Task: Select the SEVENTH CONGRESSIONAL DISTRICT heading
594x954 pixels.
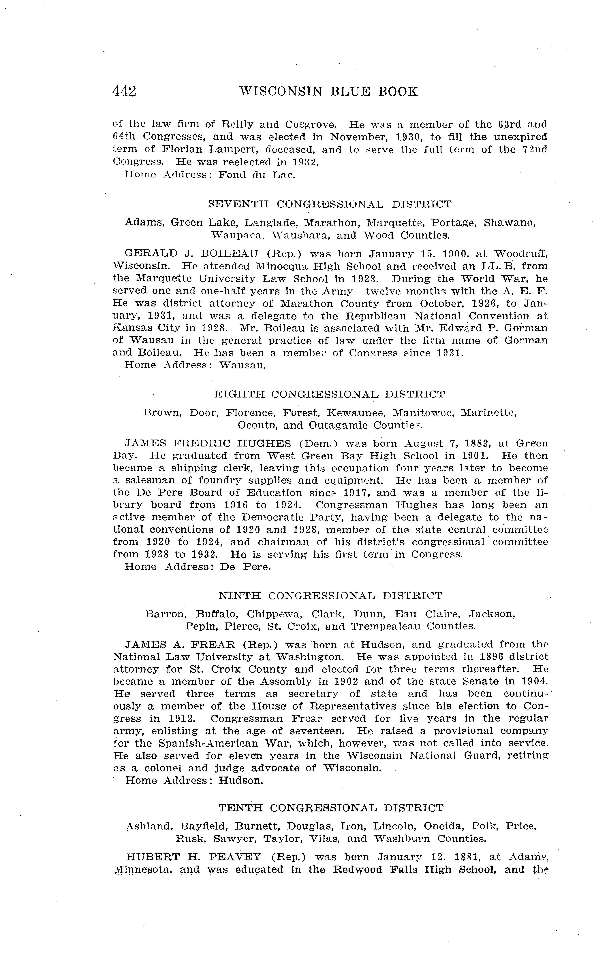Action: pos(330,204)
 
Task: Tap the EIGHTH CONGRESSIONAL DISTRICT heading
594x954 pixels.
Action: pos(330,394)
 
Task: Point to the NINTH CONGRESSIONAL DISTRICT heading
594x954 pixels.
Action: pos(330,596)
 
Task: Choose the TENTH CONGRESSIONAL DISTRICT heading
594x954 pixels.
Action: pos(331,808)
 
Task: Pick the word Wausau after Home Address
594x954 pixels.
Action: pos(242,365)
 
